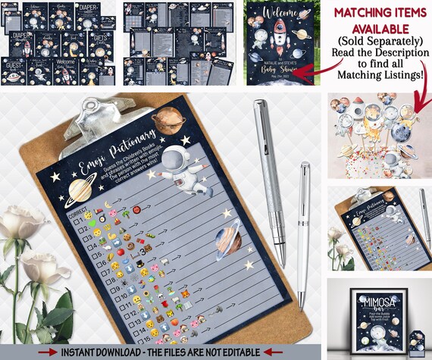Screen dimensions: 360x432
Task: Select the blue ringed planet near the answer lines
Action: pos(230,239)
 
